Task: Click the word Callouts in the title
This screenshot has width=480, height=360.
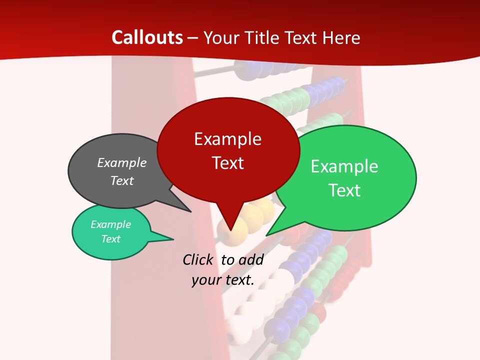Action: click(147, 37)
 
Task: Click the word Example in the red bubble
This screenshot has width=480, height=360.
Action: click(227, 139)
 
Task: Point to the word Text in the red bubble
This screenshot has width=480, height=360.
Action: click(227, 163)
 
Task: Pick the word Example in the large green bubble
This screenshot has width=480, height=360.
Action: click(344, 166)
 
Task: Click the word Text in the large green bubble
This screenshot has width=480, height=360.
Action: click(344, 190)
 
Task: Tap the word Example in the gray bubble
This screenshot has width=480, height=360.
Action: click(122, 162)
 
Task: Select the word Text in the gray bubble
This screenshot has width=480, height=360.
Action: click(122, 180)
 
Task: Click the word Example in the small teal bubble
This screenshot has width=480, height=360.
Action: click(110, 224)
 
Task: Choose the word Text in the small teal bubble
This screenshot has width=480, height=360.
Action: click(110, 239)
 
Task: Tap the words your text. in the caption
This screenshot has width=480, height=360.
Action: click(223, 280)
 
